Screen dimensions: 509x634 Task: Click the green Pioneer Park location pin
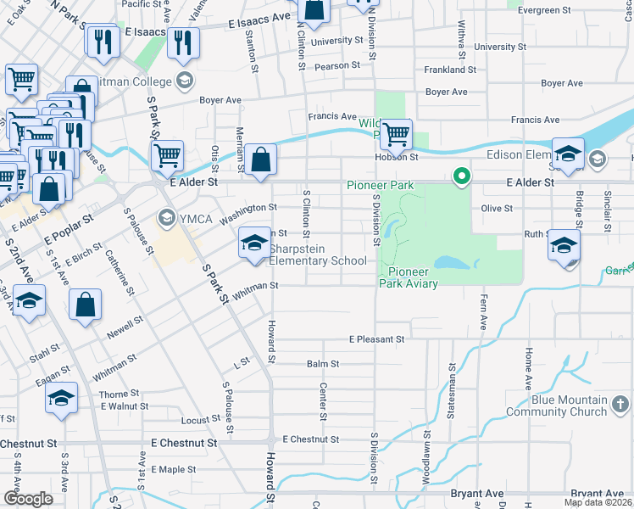462,176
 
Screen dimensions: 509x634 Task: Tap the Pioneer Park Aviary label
413,277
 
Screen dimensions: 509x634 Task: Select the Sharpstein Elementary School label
318,255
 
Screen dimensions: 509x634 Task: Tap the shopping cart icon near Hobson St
396,134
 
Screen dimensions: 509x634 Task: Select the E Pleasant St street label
376,338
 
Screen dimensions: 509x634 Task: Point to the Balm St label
323,364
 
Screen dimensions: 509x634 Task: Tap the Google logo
29,498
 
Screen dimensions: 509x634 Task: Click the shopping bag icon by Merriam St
262,159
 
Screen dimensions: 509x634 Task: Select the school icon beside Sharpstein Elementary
253,243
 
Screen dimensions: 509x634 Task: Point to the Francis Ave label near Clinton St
332,116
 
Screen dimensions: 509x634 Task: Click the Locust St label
201,420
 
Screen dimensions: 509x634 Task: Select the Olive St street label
497,208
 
